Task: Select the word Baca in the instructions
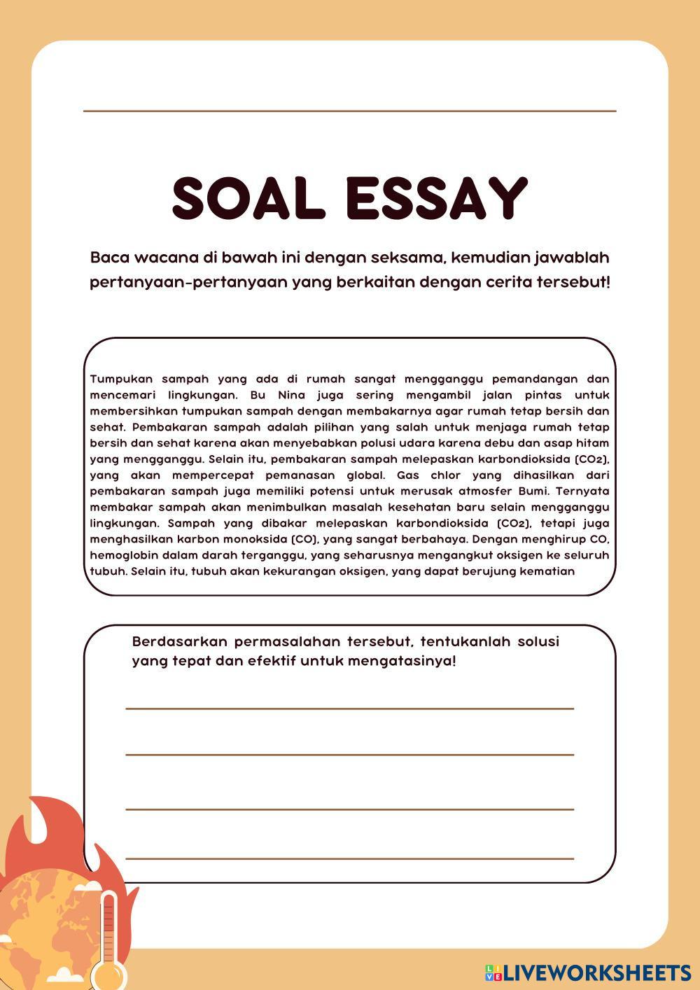pos(109,258)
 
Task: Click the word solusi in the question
pos(538,642)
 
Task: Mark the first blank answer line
pos(349,709)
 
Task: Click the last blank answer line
pos(349,858)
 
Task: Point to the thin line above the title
pos(349,111)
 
